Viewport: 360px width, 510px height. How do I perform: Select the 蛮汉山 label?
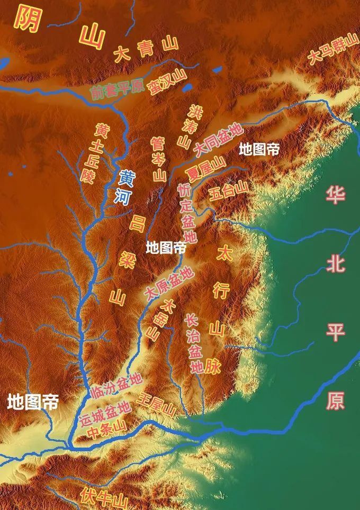coord(168,83)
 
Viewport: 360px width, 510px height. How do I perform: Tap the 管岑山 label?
coord(158,159)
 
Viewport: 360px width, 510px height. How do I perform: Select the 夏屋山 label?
coord(205,169)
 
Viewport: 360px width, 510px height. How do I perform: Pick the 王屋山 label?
coord(156,404)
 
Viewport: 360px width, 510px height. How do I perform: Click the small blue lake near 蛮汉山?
coord(217,69)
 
